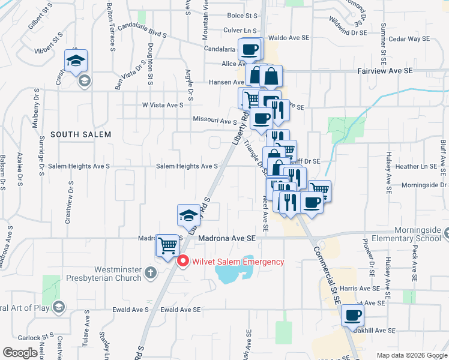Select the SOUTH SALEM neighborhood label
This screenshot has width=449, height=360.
(80, 134)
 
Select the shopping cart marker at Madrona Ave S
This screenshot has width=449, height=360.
(167, 245)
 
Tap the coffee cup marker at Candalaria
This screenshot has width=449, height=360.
(249, 49)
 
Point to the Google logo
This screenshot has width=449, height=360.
(20, 353)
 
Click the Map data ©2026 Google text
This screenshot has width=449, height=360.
(410, 355)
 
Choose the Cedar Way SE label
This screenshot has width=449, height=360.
(409, 38)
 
